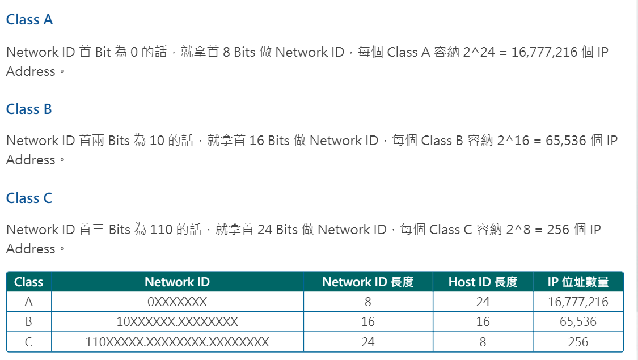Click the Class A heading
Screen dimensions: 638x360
(x=29, y=20)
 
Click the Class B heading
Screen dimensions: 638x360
(x=29, y=109)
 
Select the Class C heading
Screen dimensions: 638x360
(x=29, y=198)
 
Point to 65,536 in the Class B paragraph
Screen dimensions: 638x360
(x=565, y=141)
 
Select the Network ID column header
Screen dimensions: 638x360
(x=177, y=282)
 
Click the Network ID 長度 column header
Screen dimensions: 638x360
(x=367, y=282)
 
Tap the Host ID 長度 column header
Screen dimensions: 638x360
(x=483, y=282)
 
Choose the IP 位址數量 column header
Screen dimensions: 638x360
(x=578, y=282)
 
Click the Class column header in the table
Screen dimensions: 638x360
(x=29, y=282)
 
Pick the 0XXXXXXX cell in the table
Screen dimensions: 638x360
(x=177, y=302)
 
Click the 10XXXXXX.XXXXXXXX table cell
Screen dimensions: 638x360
(x=177, y=322)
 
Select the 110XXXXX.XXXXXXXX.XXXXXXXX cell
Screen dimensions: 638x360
(x=177, y=342)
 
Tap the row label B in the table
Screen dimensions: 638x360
(x=29, y=322)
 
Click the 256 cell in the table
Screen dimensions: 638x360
(x=578, y=342)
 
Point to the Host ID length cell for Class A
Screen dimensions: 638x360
(x=483, y=302)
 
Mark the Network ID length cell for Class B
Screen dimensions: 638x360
(x=367, y=322)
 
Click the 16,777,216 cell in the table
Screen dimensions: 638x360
(x=578, y=302)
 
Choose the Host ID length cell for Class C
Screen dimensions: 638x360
(x=483, y=342)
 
